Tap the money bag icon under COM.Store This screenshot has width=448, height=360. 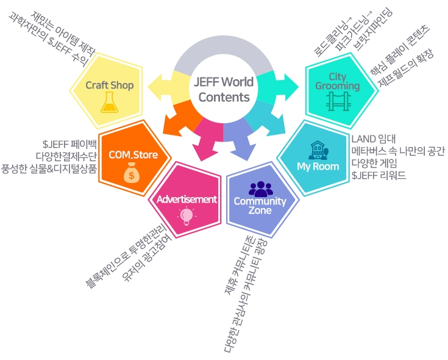coord(131,175)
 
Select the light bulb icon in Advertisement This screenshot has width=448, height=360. coord(186,215)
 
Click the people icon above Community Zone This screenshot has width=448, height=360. coord(260,188)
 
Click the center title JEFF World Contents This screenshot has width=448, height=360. coord(224,89)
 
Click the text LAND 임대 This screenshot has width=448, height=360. coord(374,138)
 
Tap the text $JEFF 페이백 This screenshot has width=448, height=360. coord(69,145)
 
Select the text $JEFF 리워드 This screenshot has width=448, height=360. coord(379,176)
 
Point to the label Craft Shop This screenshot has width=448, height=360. coord(109,85)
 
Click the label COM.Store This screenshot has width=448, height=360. coord(133,155)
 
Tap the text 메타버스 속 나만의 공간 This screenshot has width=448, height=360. coord(397,151)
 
